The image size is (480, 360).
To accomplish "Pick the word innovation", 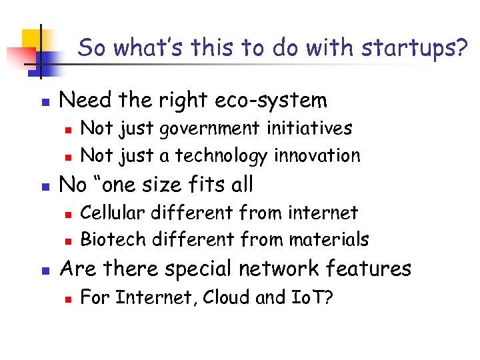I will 316,155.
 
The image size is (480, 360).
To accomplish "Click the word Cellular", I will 113,213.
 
